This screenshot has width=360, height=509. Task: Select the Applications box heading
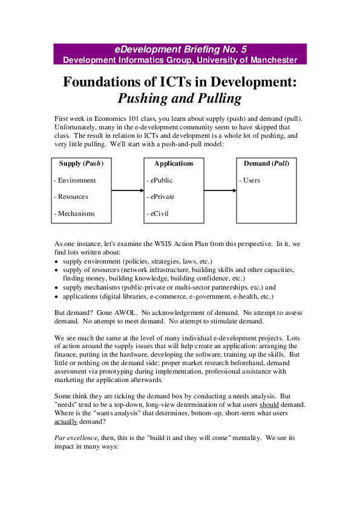[174, 163]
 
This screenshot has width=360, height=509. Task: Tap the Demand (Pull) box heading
[266, 163]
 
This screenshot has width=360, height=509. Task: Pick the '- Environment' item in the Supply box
[75, 180]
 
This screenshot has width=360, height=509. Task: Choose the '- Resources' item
[71, 196]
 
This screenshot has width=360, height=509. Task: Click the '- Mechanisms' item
[74, 213]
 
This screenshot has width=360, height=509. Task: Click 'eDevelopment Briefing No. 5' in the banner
[180, 49]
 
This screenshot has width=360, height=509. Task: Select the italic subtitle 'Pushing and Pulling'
[180, 99]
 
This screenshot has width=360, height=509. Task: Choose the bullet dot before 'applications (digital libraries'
[56, 297]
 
